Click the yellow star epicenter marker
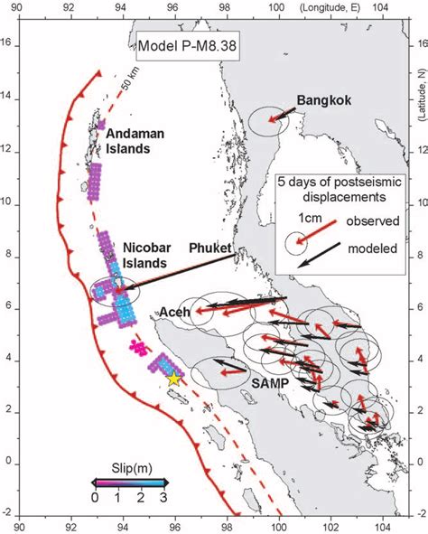point(174,379)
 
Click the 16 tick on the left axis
point(6,42)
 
